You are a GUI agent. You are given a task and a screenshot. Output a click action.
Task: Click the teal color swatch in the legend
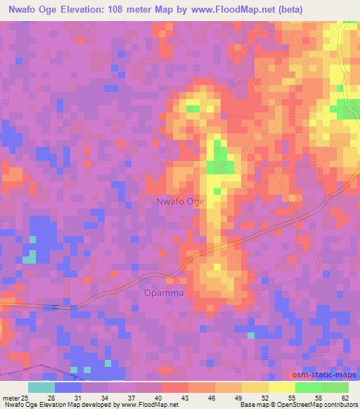click(x=41, y=387)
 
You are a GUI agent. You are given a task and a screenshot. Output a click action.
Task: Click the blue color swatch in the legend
click(x=68, y=387)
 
